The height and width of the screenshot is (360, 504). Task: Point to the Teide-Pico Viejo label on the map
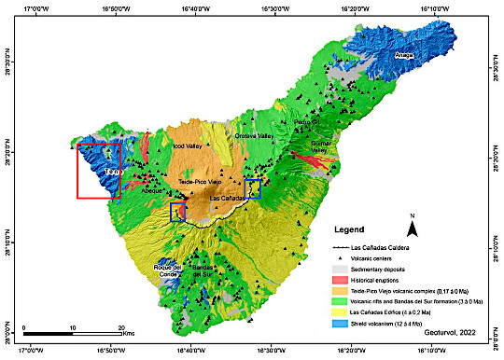[200, 181]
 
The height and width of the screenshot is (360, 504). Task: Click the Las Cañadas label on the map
[227, 198]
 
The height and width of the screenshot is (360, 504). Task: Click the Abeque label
[151, 190]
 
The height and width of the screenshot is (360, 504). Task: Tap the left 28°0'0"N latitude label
[7, 330]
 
